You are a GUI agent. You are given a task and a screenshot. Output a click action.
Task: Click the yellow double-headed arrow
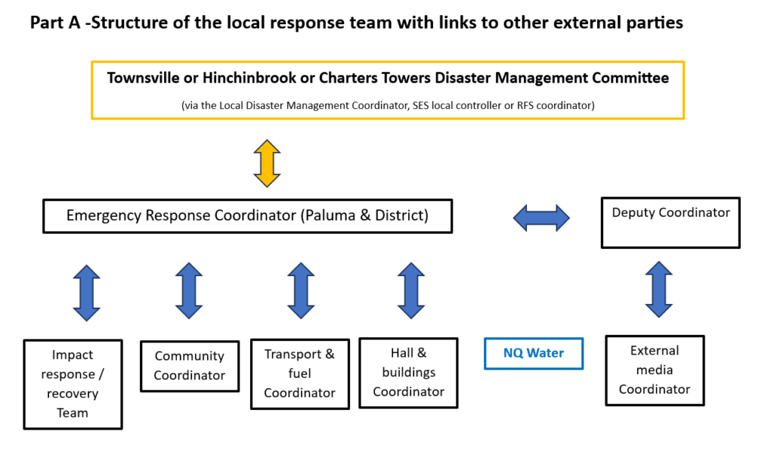(267, 163)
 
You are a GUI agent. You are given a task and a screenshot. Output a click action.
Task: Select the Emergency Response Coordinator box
(247, 215)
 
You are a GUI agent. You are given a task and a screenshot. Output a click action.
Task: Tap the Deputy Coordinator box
(670, 223)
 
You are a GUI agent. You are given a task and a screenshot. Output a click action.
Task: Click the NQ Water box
(533, 352)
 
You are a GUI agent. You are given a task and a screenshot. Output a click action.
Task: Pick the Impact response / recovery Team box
(73, 384)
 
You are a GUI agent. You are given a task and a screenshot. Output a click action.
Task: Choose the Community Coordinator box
(189, 366)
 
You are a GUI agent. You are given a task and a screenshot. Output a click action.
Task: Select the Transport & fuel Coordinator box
(300, 374)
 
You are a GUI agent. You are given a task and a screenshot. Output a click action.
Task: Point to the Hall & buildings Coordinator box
(409, 372)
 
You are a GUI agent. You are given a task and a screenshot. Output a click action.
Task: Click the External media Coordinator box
(654, 370)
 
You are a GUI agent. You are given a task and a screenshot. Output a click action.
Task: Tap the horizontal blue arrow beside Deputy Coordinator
(541, 218)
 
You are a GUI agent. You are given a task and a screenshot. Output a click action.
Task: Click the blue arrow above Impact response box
(87, 293)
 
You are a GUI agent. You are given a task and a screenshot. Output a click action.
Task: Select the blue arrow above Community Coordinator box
(189, 290)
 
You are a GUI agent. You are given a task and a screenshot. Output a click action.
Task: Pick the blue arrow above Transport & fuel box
(300, 290)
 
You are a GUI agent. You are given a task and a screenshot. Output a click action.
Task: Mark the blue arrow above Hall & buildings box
(410, 290)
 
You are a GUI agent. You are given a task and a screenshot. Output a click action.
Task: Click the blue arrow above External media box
(659, 290)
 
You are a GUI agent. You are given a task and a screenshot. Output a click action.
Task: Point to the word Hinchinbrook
(249, 78)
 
